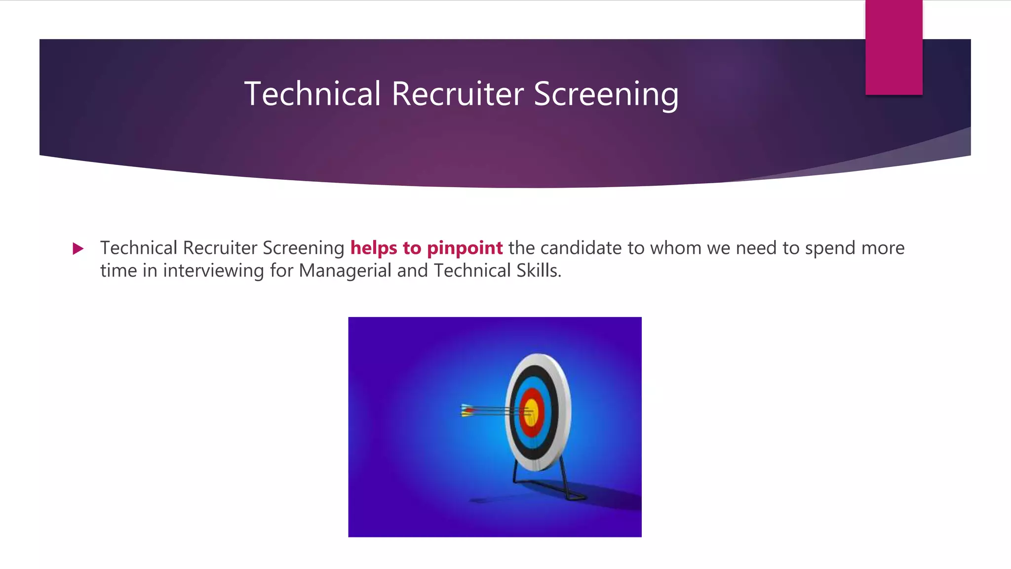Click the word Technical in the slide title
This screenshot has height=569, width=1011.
312,94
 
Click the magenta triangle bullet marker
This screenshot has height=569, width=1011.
78,248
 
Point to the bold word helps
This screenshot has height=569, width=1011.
374,248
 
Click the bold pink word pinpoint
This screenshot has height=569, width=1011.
465,248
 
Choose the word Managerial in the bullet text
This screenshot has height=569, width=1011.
345,271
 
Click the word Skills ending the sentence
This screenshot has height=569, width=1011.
538,271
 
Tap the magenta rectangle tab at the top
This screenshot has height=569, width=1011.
894,47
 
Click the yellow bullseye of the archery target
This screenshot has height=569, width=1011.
531,412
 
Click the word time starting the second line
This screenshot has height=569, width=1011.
118,271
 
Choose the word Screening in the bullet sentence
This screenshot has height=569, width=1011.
303,248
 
